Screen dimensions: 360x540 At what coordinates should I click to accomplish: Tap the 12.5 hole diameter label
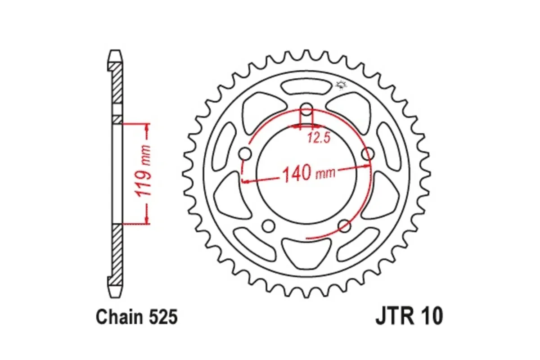tap(319, 138)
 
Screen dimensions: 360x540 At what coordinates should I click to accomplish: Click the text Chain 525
tap(136, 317)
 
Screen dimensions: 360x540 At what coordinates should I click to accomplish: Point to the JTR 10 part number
tap(409, 316)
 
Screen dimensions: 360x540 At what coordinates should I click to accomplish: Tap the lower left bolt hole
tap(269, 225)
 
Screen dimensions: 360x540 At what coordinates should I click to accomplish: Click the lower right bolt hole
tap(344, 225)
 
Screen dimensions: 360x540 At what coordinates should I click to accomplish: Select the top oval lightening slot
tap(306, 87)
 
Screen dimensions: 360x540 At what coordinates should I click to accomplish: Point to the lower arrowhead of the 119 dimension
tap(147, 219)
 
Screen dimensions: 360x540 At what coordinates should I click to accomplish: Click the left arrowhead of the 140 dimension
tap(246, 181)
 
